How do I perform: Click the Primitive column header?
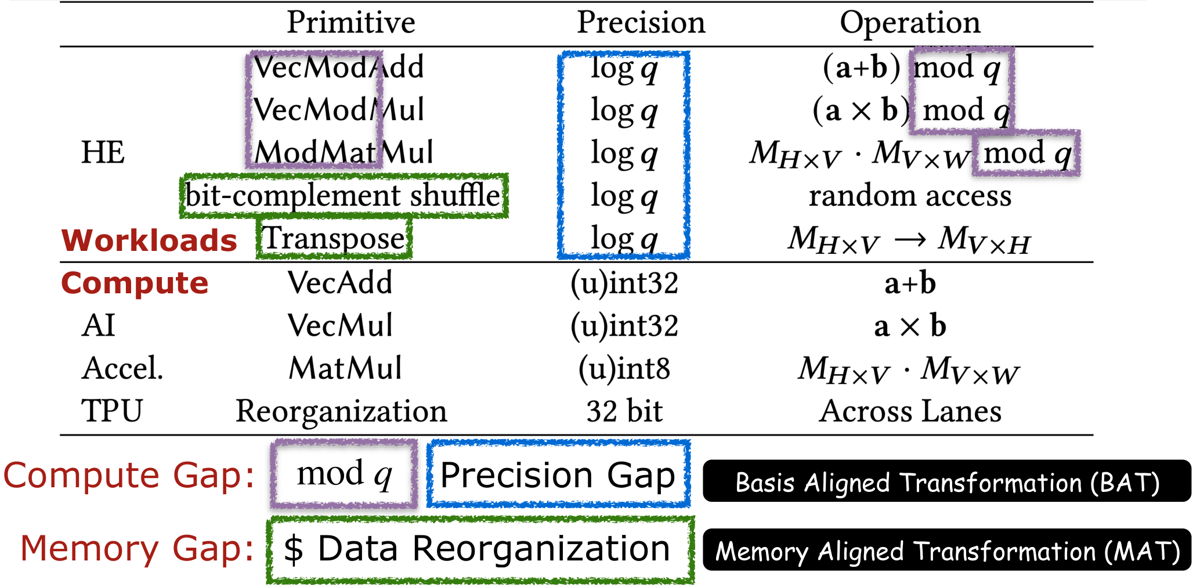(x=351, y=23)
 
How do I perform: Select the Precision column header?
(x=641, y=23)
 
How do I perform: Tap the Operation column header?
(x=909, y=23)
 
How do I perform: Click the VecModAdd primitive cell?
(x=338, y=67)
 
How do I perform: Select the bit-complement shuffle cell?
(x=343, y=196)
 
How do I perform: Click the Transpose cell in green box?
(x=334, y=239)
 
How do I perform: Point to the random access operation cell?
(x=909, y=196)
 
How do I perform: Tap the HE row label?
(x=103, y=153)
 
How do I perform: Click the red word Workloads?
(x=149, y=240)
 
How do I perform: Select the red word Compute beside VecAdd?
(x=135, y=283)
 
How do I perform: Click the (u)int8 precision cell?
(x=624, y=369)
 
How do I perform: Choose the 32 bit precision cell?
(x=624, y=411)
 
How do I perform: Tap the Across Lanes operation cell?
(x=909, y=411)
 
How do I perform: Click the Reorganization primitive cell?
(x=341, y=411)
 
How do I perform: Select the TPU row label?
(x=111, y=411)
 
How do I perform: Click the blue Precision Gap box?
(x=558, y=475)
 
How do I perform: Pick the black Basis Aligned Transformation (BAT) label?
(x=946, y=482)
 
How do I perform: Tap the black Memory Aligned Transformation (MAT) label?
(x=946, y=551)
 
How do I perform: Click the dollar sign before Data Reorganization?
(x=294, y=549)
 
